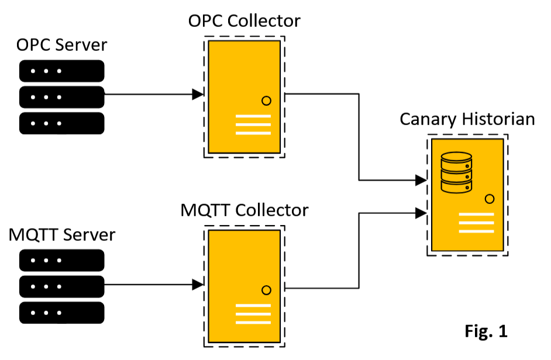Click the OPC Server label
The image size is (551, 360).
[x=62, y=45]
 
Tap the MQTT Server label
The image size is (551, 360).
[x=62, y=235]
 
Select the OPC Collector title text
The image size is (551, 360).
[x=244, y=21]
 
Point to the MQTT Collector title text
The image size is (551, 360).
[x=244, y=210]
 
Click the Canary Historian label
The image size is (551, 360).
[x=467, y=119]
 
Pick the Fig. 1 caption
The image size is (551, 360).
[x=486, y=331]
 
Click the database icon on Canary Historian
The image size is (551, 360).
[x=456, y=172]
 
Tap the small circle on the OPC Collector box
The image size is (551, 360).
[x=266, y=101]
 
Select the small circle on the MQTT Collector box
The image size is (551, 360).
[x=266, y=290]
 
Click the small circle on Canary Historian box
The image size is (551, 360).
[x=490, y=199]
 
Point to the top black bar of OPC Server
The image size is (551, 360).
[x=61, y=71]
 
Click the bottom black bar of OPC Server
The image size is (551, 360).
[x=61, y=123]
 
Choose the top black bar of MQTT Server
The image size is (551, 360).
[x=61, y=260]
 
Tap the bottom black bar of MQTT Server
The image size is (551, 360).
[x=61, y=312]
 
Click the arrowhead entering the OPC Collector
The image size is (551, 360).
[x=198, y=94]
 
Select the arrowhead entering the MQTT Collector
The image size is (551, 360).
[x=198, y=285]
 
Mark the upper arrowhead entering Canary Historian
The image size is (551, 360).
[x=421, y=180]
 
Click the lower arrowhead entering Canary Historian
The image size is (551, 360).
[x=421, y=213]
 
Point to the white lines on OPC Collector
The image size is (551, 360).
[x=253, y=125]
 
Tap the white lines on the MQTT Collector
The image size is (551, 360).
[x=253, y=314]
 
